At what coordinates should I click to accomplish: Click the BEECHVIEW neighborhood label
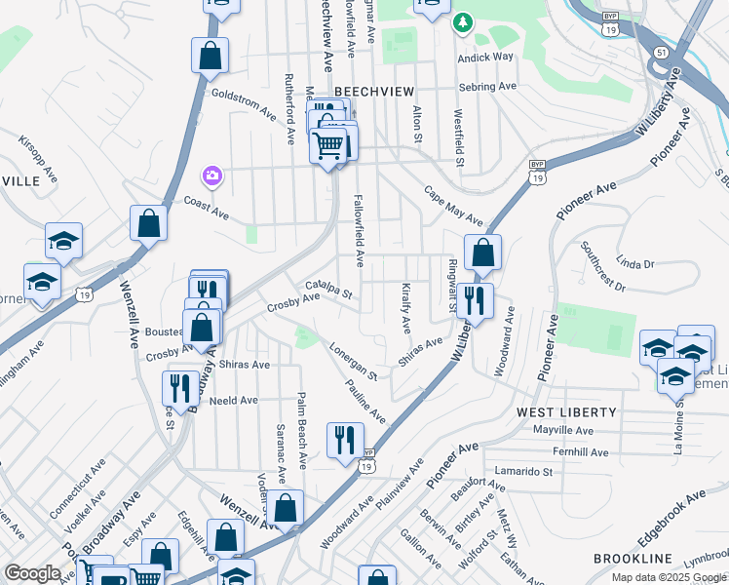tap(368, 90)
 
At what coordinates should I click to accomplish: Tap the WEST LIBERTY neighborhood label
tap(562, 412)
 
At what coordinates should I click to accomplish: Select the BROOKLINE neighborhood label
tap(633, 559)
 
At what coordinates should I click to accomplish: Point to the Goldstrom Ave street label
tap(244, 103)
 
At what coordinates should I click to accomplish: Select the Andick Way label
tap(486, 57)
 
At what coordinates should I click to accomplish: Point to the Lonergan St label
tap(353, 361)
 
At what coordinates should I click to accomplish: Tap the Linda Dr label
tap(634, 263)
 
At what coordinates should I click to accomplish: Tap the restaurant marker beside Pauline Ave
tap(344, 441)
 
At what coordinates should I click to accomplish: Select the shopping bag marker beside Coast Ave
tap(148, 223)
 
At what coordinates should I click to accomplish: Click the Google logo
tap(32, 573)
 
